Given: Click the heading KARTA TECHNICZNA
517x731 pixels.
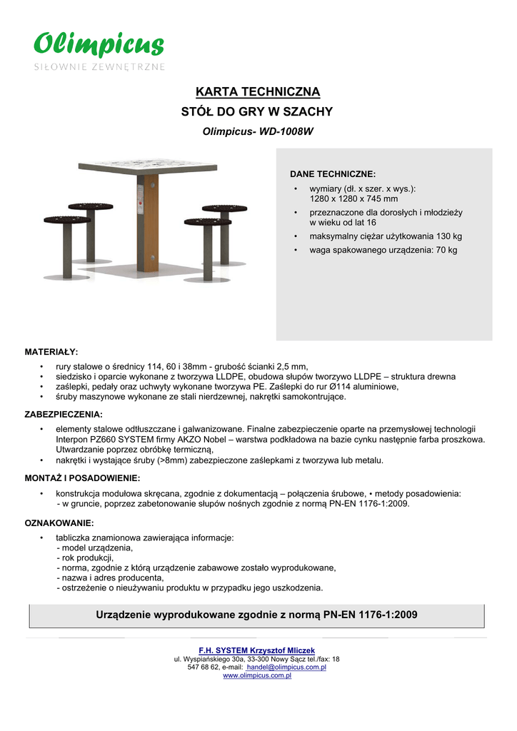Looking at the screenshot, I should (258, 92).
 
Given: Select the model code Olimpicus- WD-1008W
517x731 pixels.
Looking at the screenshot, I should (258, 132).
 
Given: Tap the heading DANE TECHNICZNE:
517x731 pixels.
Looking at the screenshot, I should (332, 174).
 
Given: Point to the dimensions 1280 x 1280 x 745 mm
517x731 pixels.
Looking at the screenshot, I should (353, 199).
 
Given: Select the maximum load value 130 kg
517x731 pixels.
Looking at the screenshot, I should (448, 236).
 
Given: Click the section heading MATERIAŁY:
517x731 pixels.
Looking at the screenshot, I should (51, 352).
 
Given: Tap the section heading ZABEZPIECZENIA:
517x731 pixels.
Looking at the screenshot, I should (64, 414).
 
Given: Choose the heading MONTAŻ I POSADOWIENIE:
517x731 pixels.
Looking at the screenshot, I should (82, 478).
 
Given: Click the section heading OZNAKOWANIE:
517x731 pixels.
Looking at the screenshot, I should (59, 523).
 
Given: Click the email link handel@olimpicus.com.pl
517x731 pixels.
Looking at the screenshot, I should (286, 667).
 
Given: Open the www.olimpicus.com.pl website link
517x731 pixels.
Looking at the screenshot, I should (258, 675).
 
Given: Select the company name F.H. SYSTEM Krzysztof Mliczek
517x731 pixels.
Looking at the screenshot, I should (258, 650).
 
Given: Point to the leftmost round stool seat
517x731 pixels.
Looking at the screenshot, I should (67, 220).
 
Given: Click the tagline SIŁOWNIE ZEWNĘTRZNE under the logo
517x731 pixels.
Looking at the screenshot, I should (100, 67).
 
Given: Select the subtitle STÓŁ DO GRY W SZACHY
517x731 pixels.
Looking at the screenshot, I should (258, 112).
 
